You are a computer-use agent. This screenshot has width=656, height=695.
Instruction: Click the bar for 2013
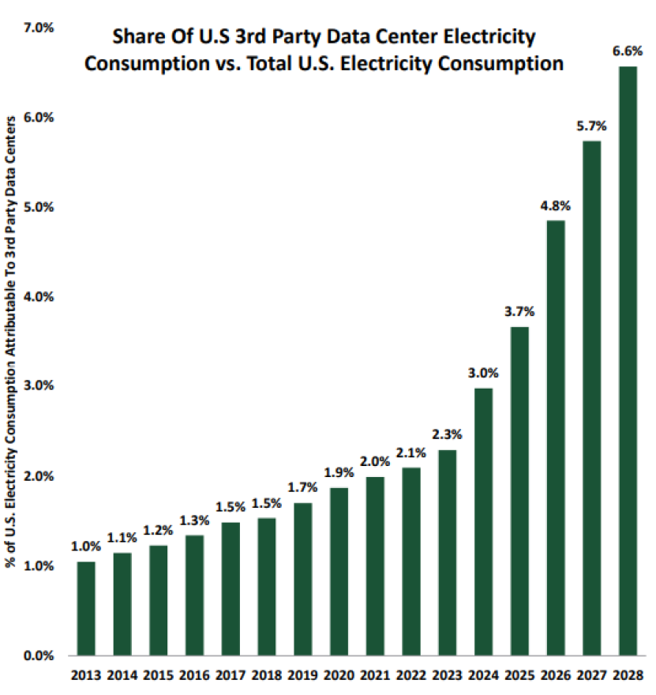coord(86,608)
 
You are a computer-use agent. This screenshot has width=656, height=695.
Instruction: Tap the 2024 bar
coord(483,521)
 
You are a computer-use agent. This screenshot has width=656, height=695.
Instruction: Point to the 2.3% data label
coord(447,434)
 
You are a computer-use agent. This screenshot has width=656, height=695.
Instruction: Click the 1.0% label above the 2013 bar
coord(86,547)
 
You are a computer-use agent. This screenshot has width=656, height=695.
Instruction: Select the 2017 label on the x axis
coord(231,675)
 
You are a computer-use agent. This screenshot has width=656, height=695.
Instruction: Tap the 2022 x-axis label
coord(411,675)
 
